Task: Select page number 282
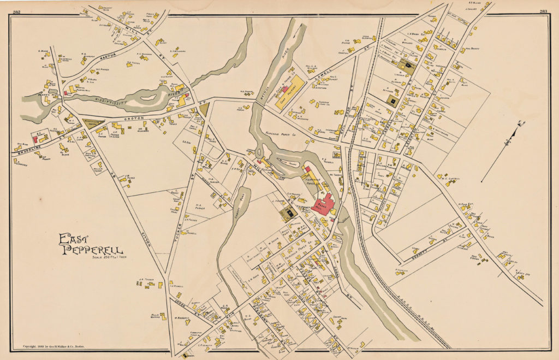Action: click(x=17, y=11)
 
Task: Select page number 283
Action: click(x=543, y=11)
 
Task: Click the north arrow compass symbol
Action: click(x=509, y=141)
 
